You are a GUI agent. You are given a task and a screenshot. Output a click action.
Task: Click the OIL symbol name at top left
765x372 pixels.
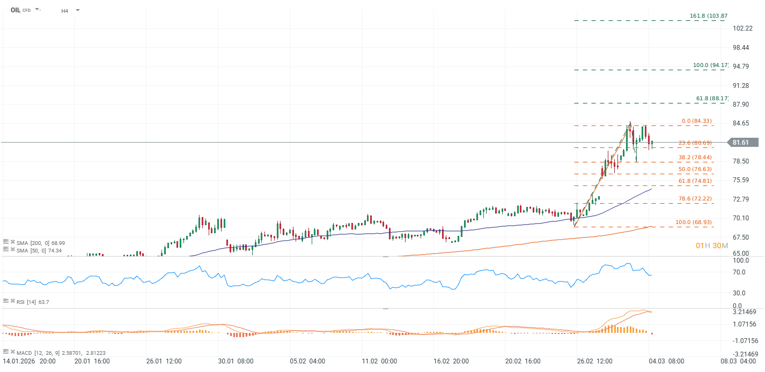pyautogui.click(x=15, y=10)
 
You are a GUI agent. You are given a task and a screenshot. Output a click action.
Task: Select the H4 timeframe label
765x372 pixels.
pyautogui.click(x=65, y=11)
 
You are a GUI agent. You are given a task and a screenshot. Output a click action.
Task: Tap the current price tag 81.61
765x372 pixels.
pyautogui.click(x=743, y=143)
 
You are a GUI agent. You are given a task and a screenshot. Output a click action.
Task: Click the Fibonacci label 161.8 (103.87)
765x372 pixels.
pyautogui.click(x=708, y=16)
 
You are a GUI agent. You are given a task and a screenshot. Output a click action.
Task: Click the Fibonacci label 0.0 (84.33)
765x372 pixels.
pyautogui.click(x=696, y=121)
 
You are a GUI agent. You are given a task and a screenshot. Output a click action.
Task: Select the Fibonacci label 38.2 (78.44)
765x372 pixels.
pyautogui.click(x=696, y=158)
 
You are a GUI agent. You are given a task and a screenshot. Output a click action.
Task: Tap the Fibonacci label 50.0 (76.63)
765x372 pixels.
pyautogui.click(x=696, y=169)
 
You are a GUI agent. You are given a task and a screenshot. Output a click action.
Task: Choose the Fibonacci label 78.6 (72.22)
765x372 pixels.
pyautogui.click(x=696, y=199)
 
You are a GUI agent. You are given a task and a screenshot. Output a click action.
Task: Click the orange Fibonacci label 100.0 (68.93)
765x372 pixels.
pyautogui.click(x=694, y=222)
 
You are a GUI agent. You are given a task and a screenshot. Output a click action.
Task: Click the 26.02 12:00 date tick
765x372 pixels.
pyautogui.click(x=593, y=361)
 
